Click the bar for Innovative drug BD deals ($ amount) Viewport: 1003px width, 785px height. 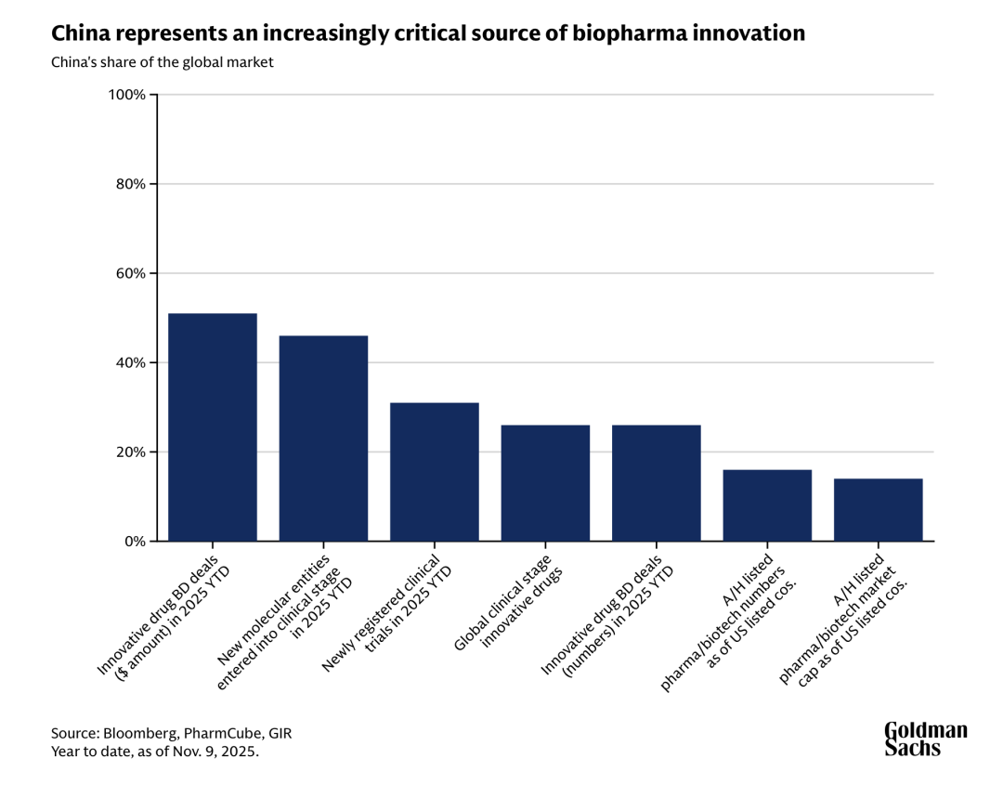pyautogui.click(x=213, y=427)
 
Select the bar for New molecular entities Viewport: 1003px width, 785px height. pyautogui.click(x=323, y=438)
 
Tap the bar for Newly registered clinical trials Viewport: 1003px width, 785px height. pyautogui.click(x=435, y=472)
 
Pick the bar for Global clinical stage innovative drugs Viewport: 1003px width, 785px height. pyautogui.click(x=545, y=483)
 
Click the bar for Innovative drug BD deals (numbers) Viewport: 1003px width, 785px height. pyautogui.click(x=656, y=483)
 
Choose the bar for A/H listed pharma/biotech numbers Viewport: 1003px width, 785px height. pyautogui.click(x=767, y=505)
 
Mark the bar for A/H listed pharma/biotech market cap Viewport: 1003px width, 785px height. pyautogui.click(x=878, y=510)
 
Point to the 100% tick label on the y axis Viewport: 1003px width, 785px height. pyautogui.click(x=128, y=95)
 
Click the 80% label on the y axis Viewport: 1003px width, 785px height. pyautogui.click(x=131, y=184)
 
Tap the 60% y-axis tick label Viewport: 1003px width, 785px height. pyautogui.click(x=131, y=273)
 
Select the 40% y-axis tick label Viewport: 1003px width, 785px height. pyautogui.click(x=131, y=362)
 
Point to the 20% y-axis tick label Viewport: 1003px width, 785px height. pyautogui.click(x=131, y=452)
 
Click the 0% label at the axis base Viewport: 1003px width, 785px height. pyautogui.click(x=135, y=542)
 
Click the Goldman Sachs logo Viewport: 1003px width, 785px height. pyautogui.click(x=925, y=739)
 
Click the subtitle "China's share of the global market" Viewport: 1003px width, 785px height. pyautogui.click(x=162, y=62)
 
